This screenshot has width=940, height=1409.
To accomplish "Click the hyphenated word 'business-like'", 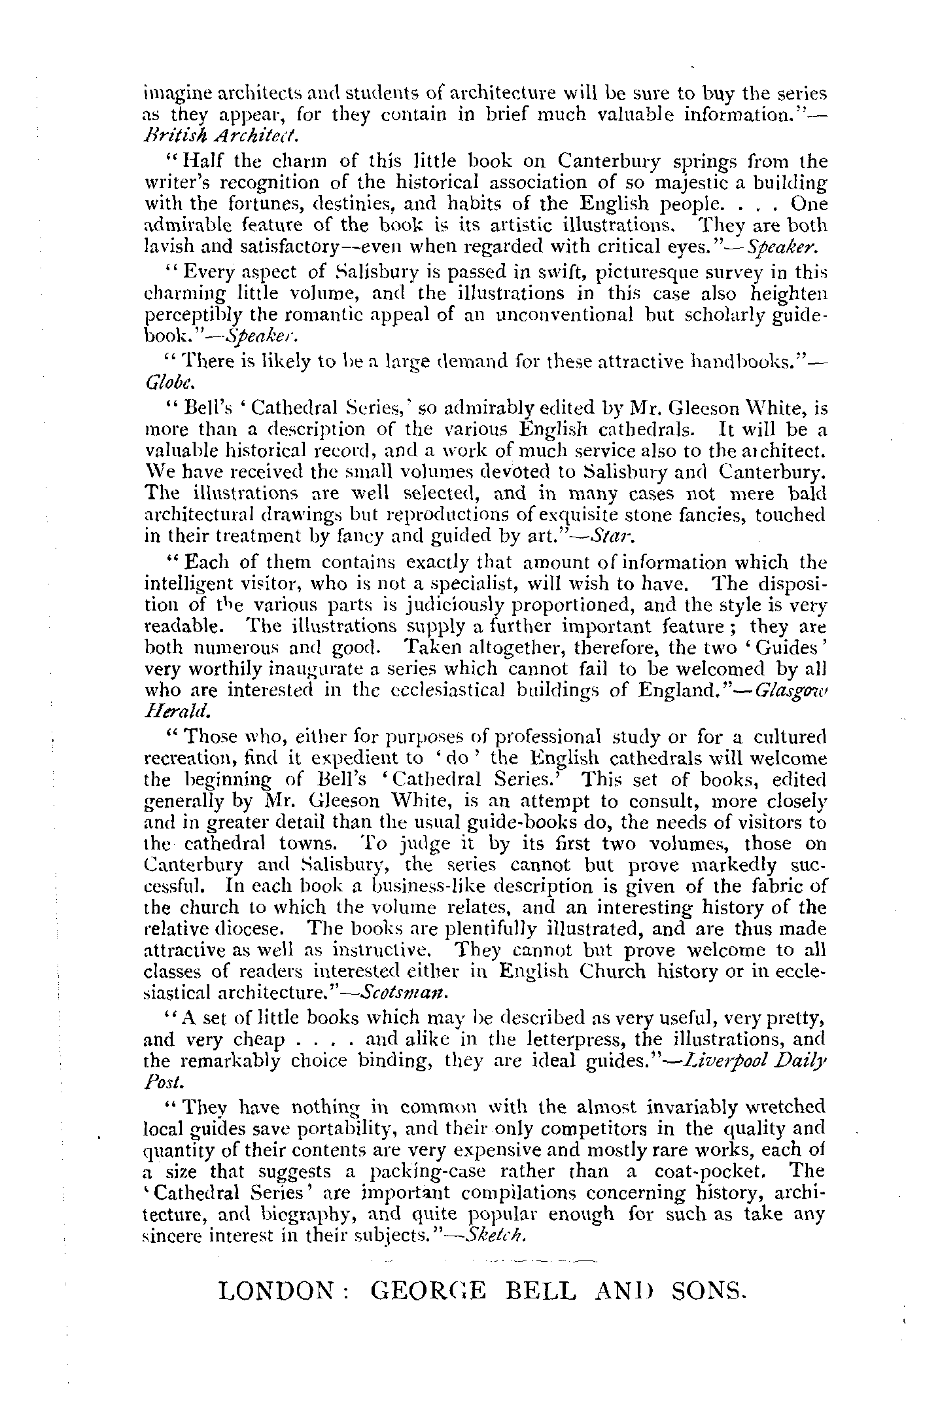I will (x=408, y=886).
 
